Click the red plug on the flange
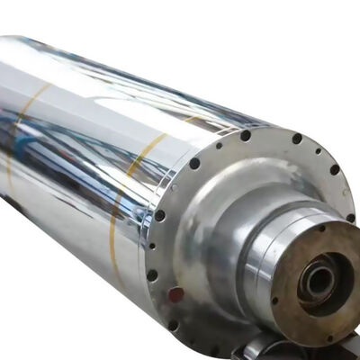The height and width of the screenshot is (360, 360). pos(175,293)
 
